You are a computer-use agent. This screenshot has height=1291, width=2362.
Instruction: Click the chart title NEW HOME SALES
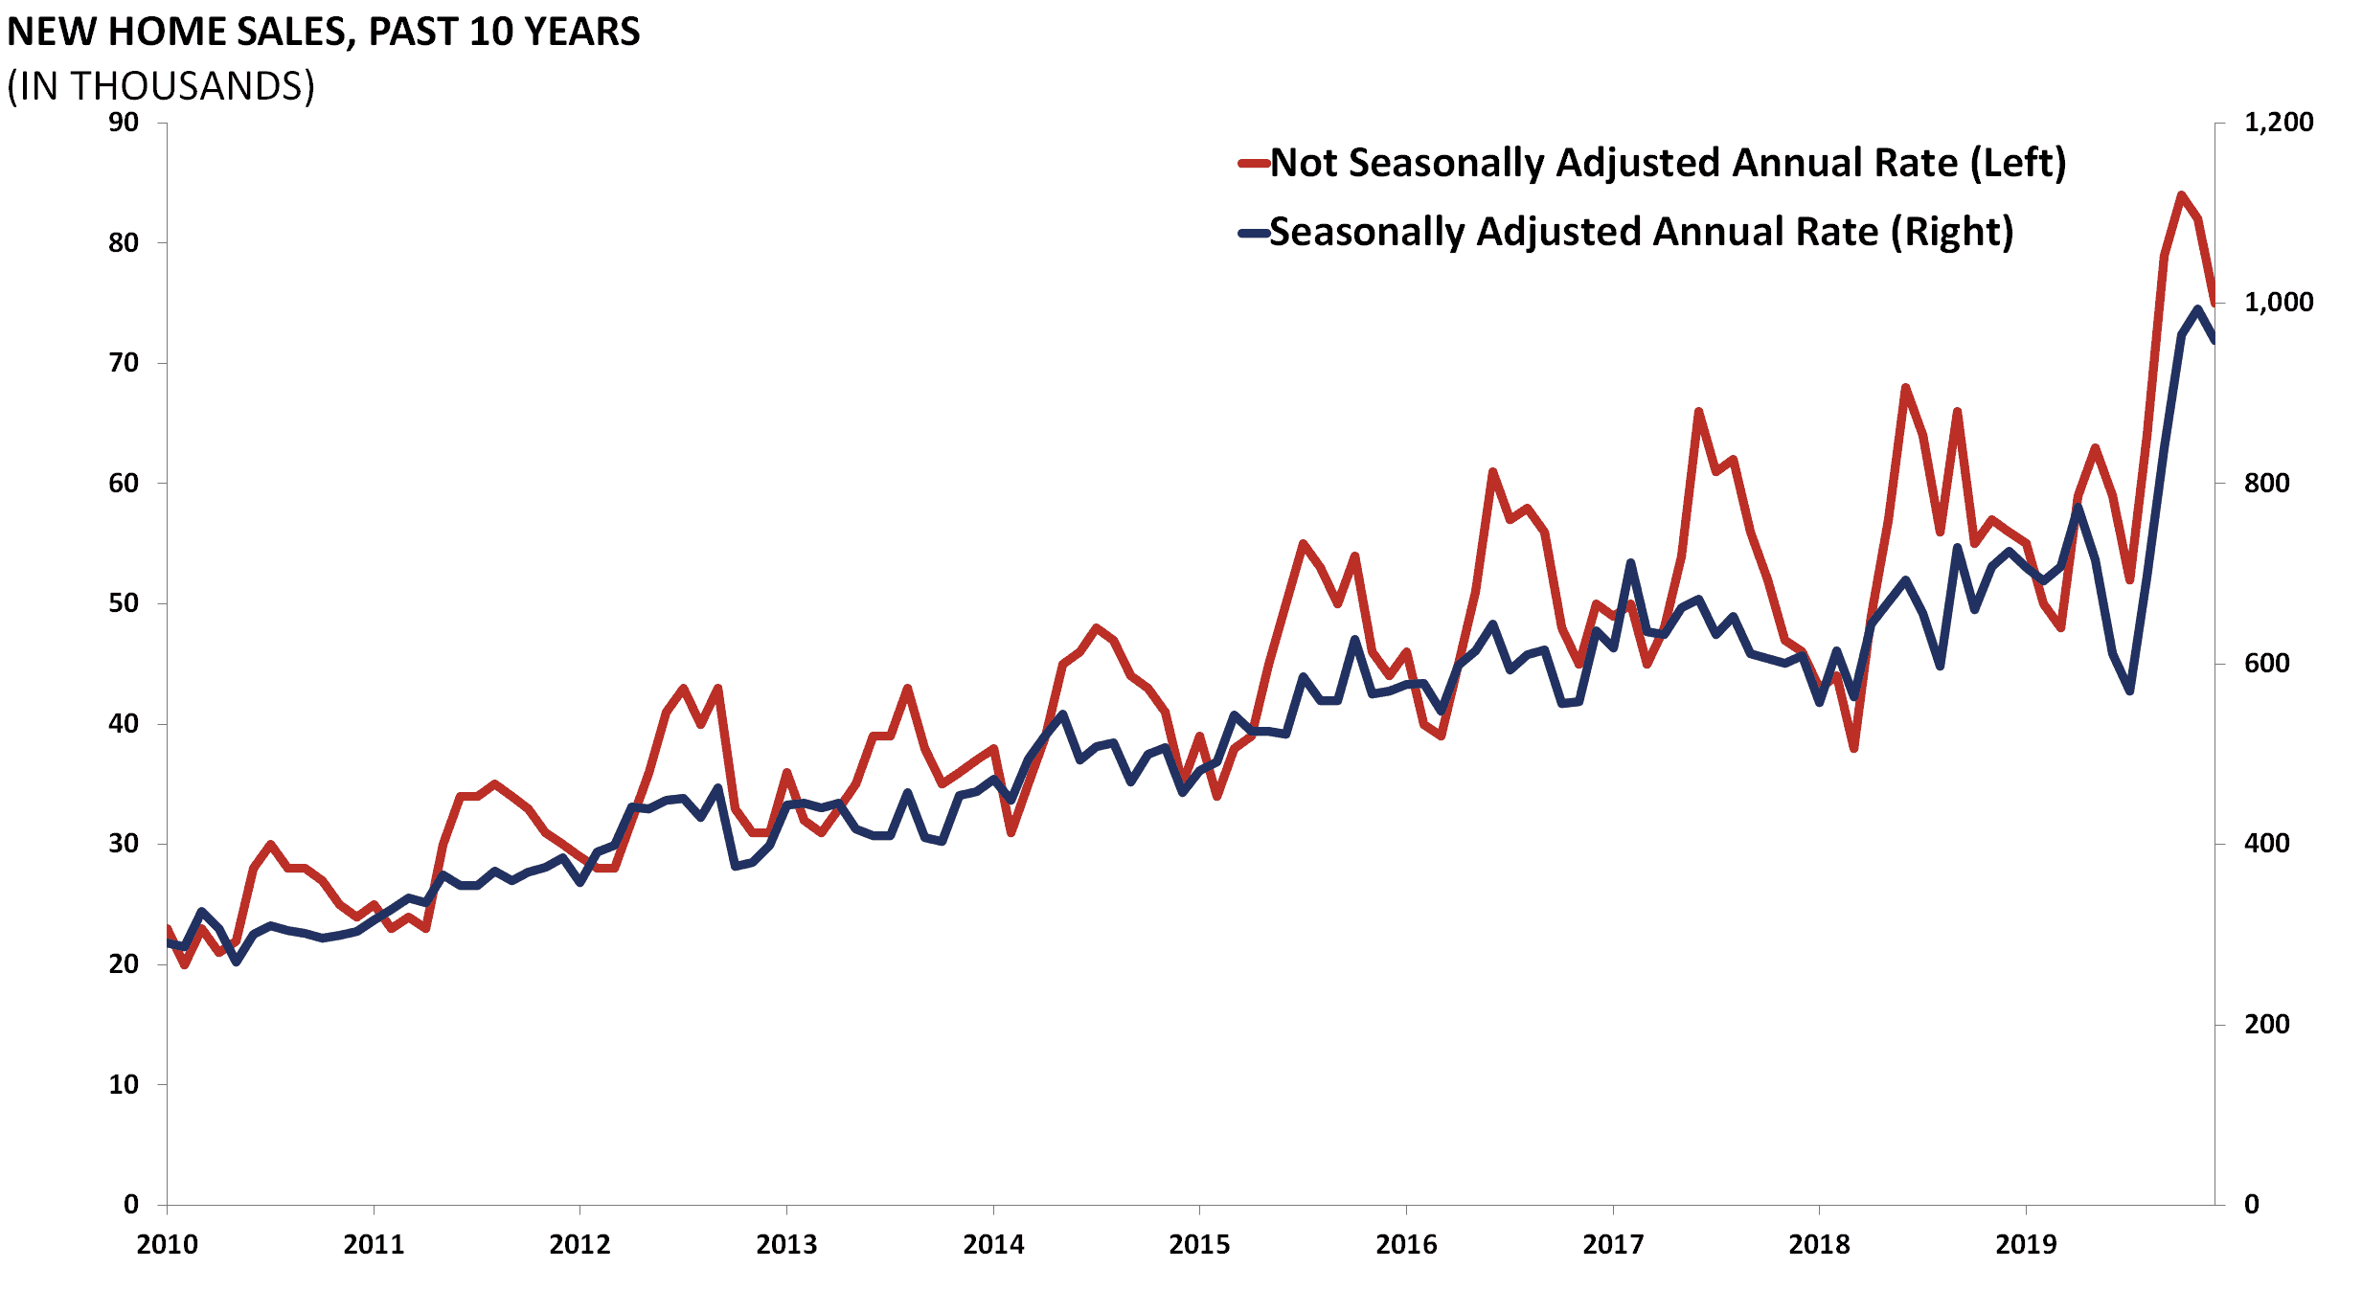[x=323, y=32]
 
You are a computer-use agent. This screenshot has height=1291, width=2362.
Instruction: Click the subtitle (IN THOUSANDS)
[x=161, y=86]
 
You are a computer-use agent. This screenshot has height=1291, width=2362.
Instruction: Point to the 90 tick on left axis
[x=124, y=123]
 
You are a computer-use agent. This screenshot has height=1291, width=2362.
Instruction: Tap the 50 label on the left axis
[x=124, y=603]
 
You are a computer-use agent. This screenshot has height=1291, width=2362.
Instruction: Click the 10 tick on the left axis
[x=124, y=1084]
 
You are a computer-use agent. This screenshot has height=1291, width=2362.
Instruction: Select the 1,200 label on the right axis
[x=2278, y=123]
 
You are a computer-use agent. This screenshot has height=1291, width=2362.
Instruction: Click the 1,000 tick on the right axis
[x=2278, y=303]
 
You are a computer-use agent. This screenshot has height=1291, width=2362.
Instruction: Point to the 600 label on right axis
[x=2266, y=663]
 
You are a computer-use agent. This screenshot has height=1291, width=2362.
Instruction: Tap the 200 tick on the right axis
[x=2266, y=1024]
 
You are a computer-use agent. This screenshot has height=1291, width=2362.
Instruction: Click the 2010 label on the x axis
[x=167, y=1244]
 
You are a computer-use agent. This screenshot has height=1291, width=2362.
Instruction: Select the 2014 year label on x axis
[x=993, y=1244]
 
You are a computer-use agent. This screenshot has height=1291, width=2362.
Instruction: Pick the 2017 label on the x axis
[x=1613, y=1244]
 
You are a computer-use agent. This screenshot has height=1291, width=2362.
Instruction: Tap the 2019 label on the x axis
[x=2026, y=1244]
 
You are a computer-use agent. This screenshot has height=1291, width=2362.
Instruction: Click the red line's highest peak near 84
[x=2181, y=195]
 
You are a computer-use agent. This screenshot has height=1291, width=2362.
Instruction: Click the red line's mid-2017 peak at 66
[x=1698, y=412]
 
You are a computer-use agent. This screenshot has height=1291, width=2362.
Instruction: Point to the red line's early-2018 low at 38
[x=1853, y=748]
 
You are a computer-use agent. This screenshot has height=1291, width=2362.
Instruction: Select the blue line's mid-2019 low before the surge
[x=2129, y=691]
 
